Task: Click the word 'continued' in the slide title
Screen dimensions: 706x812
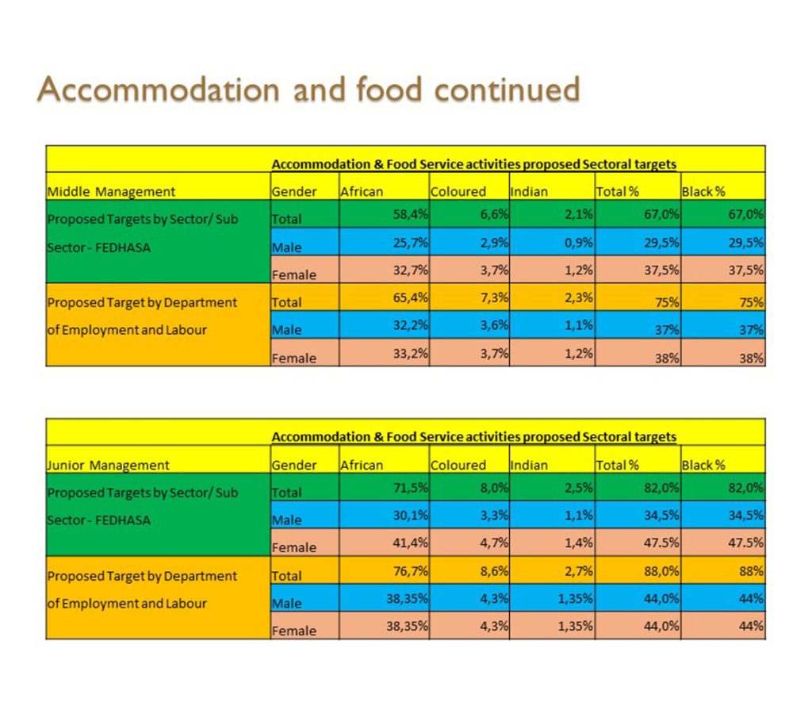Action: click(x=507, y=89)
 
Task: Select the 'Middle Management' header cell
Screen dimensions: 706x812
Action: click(x=112, y=191)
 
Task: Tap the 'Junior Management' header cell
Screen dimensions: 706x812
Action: click(x=109, y=465)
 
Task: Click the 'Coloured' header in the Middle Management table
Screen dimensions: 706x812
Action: click(x=458, y=191)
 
